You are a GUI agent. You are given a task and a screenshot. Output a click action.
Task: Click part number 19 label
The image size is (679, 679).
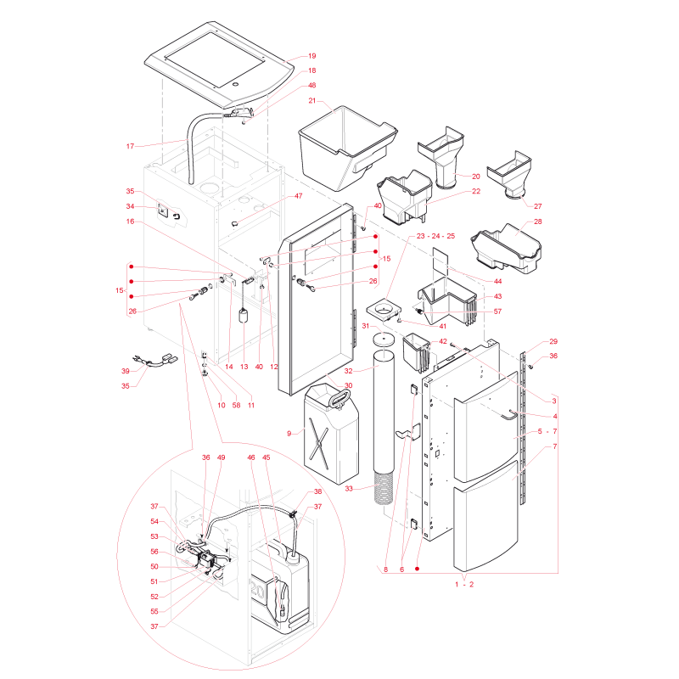311,56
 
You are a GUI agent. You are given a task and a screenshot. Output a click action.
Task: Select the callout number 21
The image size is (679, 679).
312,100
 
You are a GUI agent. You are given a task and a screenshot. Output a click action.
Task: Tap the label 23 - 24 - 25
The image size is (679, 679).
435,236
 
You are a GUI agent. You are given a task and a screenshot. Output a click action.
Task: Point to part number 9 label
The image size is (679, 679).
289,434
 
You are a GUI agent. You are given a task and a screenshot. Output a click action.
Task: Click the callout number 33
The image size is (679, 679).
349,489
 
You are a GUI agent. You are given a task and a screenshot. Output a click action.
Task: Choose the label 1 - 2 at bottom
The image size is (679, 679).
464,584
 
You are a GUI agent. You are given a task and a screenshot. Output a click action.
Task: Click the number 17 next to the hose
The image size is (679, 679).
130,146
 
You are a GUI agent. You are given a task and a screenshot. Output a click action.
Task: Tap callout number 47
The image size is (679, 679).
299,196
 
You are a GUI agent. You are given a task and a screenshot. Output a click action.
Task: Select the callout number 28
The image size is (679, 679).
538,222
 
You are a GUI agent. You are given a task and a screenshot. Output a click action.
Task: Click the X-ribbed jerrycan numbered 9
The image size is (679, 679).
331,435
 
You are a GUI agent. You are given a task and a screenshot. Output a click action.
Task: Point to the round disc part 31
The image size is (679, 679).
384,338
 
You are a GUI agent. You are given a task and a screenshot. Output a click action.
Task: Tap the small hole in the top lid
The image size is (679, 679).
235,84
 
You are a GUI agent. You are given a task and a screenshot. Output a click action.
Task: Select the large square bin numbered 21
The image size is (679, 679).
346,147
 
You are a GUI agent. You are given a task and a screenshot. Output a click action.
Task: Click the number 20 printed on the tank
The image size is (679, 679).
257,590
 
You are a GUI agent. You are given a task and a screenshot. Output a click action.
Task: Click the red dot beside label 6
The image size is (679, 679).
417,569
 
